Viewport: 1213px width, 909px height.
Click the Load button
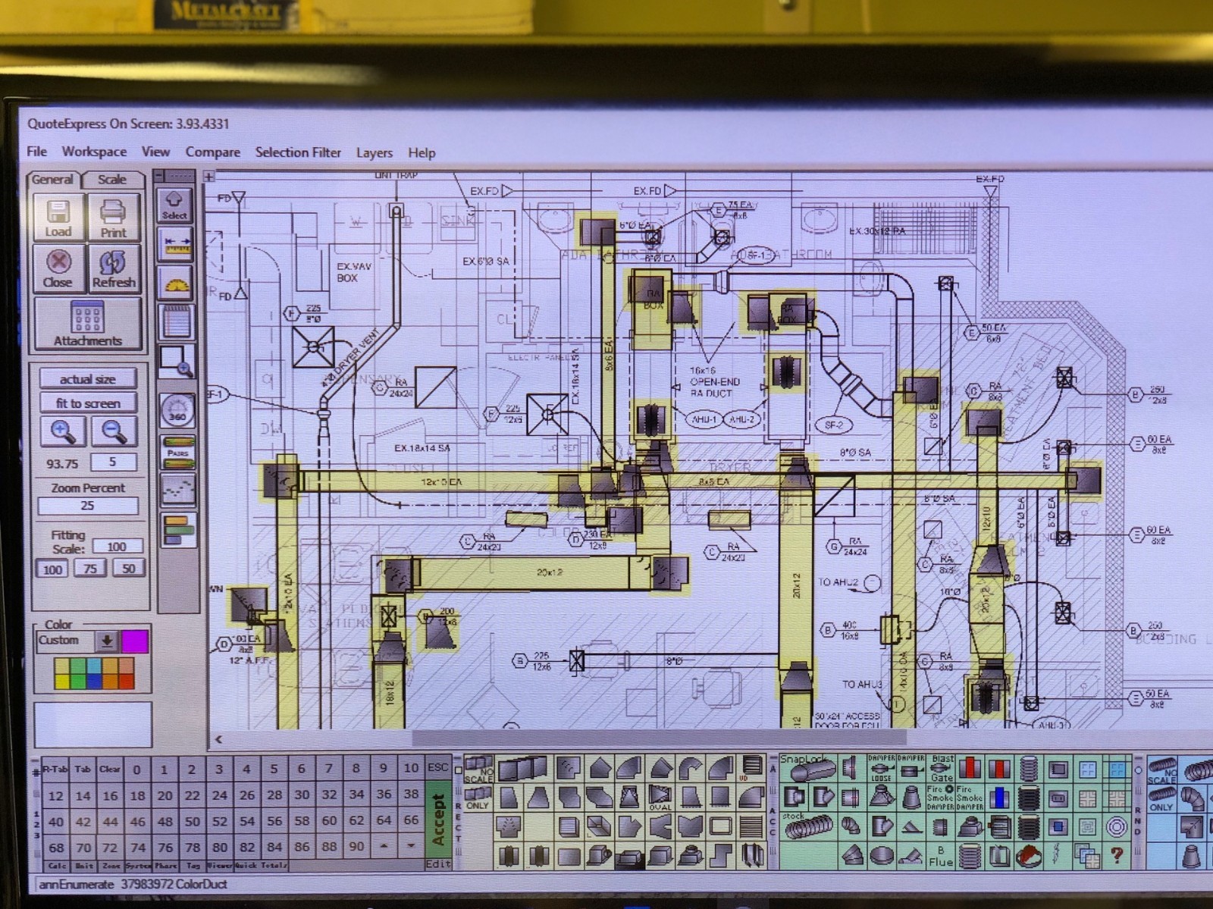pyautogui.click(x=58, y=218)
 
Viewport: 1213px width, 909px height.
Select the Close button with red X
pyautogui.click(x=58, y=268)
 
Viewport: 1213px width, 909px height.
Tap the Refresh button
pyautogui.click(x=114, y=268)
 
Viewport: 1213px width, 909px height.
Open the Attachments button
pyautogui.click(x=87, y=324)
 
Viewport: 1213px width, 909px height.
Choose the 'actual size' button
pyautogui.click(x=87, y=379)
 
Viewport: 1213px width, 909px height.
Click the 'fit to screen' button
pyautogui.click(x=87, y=403)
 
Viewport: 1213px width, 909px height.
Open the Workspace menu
pyautogui.click(x=94, y=152)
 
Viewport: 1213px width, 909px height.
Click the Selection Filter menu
pyautogui.click(x=298, y=152)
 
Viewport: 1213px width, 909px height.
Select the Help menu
pyautogui.click(x=422, y=153)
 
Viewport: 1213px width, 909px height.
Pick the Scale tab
pyautogui.click(x=112, y=180)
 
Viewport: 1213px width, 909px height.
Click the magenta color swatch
pyautogui.click(x=135, y=641)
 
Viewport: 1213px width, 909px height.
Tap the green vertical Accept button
pyautogui.click(x=437, y=820)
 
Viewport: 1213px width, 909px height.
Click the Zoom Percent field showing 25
pyautogui.click(x=88, y=506)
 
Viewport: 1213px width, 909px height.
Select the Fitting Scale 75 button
pyautogui.click(x=90, y=569)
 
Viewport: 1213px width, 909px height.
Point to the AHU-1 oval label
pyautogui.click(x=704, y=419)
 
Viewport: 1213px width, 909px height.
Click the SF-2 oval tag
pyautogui.click(x=833, y=425)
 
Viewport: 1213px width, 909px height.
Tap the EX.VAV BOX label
pyautogui.click(x=353, y=272)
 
